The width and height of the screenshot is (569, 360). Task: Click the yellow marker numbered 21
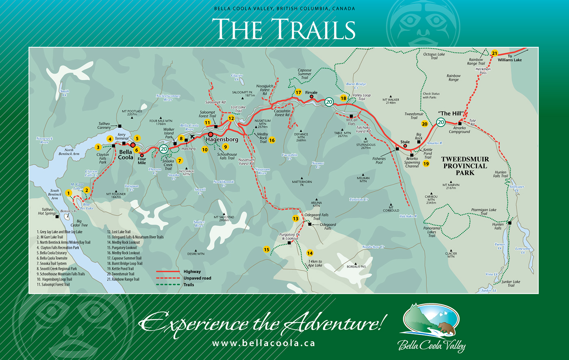[494, 53]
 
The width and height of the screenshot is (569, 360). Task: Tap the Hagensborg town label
[222, 140]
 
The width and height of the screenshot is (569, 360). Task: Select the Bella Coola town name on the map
[126, 155]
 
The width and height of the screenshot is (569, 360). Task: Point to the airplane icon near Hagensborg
[193, 136]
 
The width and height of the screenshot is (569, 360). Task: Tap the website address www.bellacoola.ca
[263, 343]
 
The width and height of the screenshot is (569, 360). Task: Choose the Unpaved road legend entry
[197, 278]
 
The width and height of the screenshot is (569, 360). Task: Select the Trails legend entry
[189, 285]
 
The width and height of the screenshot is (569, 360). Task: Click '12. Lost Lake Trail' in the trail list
[119, 232]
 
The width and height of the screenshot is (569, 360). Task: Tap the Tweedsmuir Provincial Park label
[465, 166]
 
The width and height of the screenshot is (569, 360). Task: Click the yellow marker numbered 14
[310, 253]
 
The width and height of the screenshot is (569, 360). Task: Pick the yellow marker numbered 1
[68, 193]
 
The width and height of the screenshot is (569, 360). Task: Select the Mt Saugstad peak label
[224, 218]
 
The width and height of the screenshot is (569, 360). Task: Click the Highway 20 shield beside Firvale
[329, 102]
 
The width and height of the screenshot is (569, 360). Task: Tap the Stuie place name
[405, 142]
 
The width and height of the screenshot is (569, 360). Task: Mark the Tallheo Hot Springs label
[47, 212]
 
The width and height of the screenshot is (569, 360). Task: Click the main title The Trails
[284, 29]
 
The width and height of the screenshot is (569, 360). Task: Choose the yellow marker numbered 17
[298, 92]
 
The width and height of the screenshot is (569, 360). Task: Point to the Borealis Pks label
[356, 267]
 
